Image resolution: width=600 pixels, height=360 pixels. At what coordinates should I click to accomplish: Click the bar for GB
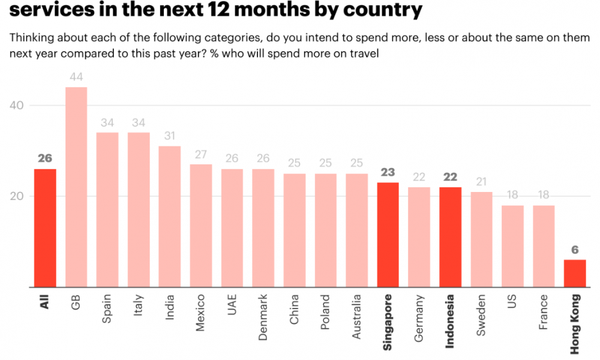pyautogui.click(x=76, y=187)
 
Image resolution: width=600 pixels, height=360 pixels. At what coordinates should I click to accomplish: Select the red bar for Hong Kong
pyautogui.click(x=575, y=273)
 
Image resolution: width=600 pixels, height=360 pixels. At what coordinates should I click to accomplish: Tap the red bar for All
pyautogui.click(x=45, y=227)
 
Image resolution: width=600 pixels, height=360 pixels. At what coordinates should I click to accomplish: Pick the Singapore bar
pyautogui.click(x=388, y=235)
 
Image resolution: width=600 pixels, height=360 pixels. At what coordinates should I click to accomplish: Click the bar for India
pyautogui.click(x=170, y=216)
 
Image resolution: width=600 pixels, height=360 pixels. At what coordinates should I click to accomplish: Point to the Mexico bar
pyautogui.click(x=201, y=225)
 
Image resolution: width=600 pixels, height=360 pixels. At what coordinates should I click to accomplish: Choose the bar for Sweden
pyautogui.click(x=481, y=239)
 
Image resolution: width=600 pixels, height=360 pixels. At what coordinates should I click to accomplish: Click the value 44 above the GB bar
pyautogui.click(x=76, y=77)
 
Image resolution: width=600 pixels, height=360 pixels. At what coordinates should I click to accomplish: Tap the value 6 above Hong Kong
pyautogui.click(x=575, y=249)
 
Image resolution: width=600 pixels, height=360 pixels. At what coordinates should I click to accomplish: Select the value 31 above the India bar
pyautogui.click(x=170, y=136)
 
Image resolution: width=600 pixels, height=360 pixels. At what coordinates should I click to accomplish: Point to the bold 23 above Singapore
pyautogui.click(x=388, y=172)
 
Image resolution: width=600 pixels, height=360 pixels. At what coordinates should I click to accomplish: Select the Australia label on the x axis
pyautogui.click(x=356, y=317)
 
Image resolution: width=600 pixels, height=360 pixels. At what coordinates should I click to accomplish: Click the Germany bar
pyautogui.click(x=419, y=237)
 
